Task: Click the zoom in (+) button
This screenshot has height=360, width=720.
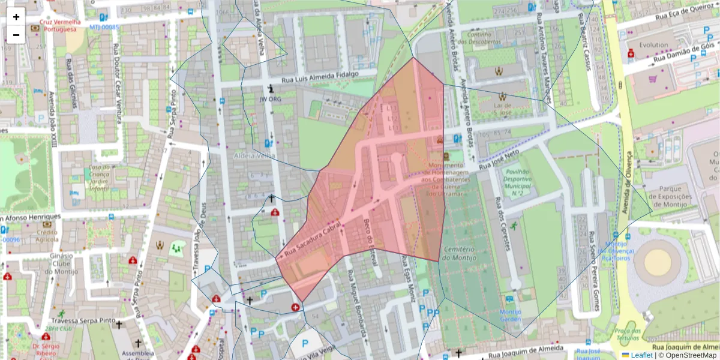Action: pos(16,17)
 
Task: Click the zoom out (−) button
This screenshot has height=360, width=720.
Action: pos(16,35)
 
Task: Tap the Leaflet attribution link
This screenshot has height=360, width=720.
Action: pos(641,355)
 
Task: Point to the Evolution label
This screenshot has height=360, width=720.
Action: pos(653,45)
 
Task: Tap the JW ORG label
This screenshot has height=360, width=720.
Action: pos(271,99)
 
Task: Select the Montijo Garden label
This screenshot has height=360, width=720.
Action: pos(510,316)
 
